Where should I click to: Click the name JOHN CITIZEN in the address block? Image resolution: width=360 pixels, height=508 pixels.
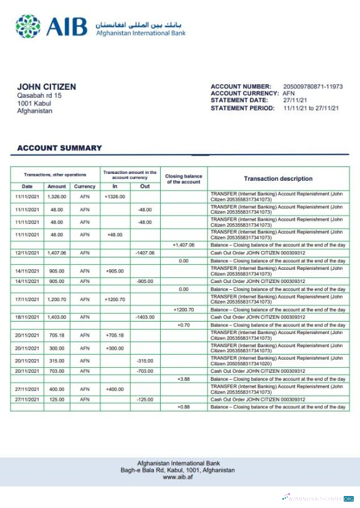click(46, 87)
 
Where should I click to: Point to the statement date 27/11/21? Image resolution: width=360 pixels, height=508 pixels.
click(293, 100)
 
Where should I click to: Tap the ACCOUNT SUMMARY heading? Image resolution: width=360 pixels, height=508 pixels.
click(59, 148)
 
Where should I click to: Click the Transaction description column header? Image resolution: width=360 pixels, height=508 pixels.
click(278, 179)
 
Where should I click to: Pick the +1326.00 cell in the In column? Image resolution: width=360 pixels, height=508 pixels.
click(115, 197)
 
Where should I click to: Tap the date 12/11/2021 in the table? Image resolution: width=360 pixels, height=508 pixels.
click(27, 253)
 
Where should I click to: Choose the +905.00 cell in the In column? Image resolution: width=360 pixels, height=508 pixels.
click(115, 271)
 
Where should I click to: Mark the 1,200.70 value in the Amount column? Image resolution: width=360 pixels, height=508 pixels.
click(56, 299)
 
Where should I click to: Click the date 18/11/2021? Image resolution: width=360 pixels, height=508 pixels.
click(27, 317)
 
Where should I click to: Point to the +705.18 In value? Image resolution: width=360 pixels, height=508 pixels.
click(115, 335)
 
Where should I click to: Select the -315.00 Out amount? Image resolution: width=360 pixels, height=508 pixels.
click(144, 361)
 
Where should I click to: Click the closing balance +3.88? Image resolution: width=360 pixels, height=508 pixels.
click(183, 379)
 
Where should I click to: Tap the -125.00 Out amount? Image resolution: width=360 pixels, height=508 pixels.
click(144, 400)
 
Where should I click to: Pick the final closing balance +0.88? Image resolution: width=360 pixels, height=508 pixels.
click(183, 407)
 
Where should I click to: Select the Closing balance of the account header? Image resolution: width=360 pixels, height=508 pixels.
click(184, 179)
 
